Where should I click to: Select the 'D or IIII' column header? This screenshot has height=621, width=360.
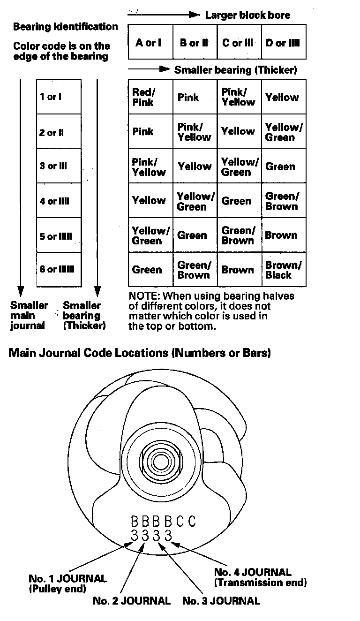pos(283,43)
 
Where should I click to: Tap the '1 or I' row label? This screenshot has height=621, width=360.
pos(51,97)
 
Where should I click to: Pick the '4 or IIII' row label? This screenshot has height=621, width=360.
pos(54,202)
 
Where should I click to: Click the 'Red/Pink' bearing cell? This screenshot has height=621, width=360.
pos(143,97)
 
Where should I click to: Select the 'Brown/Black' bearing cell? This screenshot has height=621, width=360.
pos(283,270)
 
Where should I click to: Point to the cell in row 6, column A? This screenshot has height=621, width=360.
pos(147,270)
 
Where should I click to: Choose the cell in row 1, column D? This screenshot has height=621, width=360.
pos(282,97)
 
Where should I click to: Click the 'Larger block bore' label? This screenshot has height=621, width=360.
pos(247,15)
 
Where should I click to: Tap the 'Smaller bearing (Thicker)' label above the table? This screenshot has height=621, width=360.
pos(235,70)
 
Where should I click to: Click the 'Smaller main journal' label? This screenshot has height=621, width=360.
pos(29,315)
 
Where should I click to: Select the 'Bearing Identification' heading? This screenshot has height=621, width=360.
pos(66,27)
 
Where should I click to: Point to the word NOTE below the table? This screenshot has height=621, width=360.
pos(142,296)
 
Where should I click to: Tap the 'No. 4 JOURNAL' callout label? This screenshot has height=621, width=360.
pos(253,572)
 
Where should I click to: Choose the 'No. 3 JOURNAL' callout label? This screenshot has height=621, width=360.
pos(221,601)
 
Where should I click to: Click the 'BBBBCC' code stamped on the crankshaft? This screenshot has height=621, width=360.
pos(163,521)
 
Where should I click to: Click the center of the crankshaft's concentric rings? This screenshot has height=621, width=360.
pos(161,462)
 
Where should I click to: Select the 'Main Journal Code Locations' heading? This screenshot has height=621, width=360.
pos(140,353)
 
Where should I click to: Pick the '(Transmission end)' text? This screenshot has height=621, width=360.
pos(261,583)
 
